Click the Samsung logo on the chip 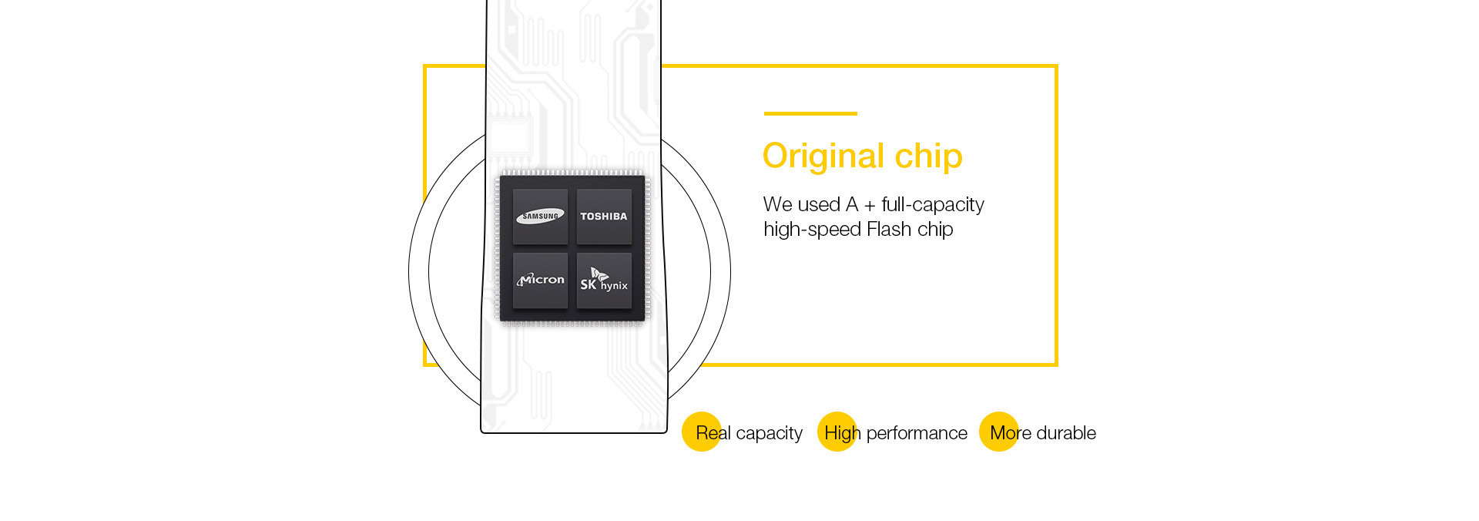point(540,217)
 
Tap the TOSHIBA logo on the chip point(604,217)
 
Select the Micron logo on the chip point(541,279)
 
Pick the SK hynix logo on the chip point(604,280)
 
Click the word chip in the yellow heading point(928,156)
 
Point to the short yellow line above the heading point(810,113)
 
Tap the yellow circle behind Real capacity point(702,432)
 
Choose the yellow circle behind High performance point(837,432)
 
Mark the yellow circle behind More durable point(999,432)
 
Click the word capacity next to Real point(770,434)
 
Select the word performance point(917,434)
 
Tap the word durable point(1067,433)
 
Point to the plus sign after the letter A point(870,206)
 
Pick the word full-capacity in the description point(933,205)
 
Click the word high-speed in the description point(813,230)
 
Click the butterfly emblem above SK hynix point(599,274)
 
